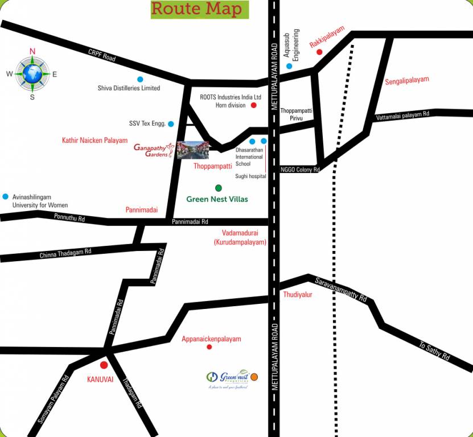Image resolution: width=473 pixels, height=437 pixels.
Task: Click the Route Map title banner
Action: tap(199, 9)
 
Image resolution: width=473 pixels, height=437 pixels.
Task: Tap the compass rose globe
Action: tap(32, 73)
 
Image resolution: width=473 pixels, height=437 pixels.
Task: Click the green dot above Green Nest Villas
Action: tap(218, 188)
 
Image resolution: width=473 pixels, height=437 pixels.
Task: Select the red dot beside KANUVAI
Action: tap(104, 365)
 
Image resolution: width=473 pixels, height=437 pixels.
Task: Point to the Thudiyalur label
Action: tap(298, 294)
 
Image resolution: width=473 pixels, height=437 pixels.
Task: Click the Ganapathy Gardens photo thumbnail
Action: tap(192, 150)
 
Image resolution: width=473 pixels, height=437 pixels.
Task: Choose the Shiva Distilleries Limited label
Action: tap(129, 88)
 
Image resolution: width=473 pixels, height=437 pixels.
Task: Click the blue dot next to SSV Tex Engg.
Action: tap(171, 123)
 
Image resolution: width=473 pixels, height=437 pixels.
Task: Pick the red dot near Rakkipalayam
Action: tap(319, 52)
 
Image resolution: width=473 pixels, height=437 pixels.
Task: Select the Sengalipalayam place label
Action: tap(406, 80)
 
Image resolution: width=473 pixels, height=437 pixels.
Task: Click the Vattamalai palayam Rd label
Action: tap(402, 117)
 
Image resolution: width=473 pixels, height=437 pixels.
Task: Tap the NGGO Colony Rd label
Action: tap(300, 170)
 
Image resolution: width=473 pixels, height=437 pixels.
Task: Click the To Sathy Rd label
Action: tap(434, 351)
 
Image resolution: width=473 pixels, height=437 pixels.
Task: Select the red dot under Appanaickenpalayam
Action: tap(209, 347)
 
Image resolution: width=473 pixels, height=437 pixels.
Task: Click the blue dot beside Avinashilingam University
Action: tap(6, 196)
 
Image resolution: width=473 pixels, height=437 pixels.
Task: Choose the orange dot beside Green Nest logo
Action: tap(254, 376)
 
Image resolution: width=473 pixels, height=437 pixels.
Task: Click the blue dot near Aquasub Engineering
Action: tap(289, 66)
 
